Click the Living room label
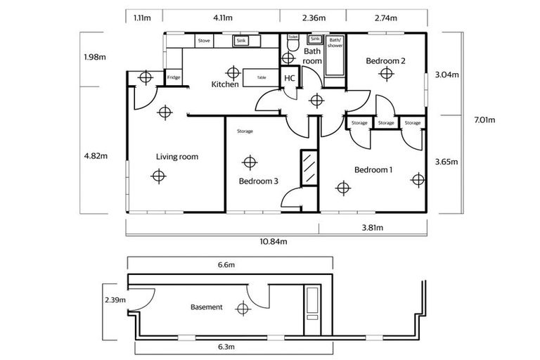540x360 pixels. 177,157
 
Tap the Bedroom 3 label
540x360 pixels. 258,181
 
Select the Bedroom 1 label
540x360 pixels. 373,170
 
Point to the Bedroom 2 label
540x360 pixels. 385,61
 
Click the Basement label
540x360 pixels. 207,307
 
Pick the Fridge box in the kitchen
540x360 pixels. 173,77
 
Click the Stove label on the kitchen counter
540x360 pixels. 204,41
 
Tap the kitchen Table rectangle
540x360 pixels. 261,77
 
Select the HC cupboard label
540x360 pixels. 289,79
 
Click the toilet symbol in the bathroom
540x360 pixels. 292,46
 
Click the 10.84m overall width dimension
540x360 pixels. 274,241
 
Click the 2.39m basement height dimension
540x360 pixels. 114,300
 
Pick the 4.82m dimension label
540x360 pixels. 95,156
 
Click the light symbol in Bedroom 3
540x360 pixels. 247,163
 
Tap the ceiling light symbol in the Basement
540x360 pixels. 243,307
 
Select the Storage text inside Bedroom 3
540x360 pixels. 245,131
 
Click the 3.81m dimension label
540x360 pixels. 373,228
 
